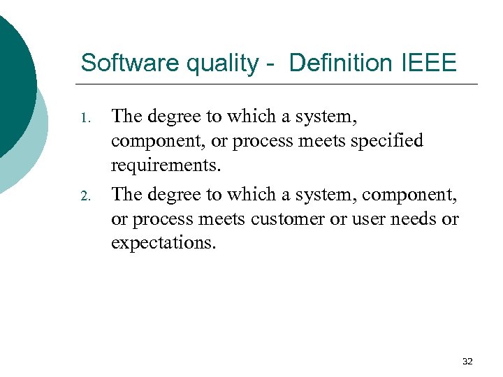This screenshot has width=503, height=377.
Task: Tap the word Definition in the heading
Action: [x=340, y=63]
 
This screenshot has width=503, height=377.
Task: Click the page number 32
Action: [x=467, y=361]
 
